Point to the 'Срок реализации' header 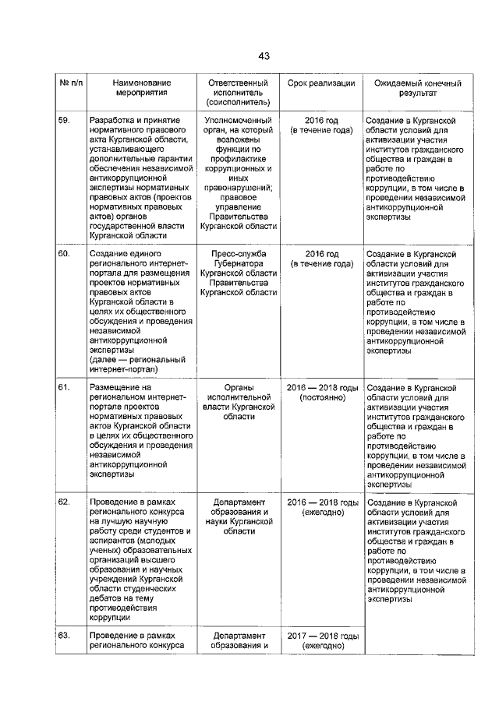(321, 83)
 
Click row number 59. (64, 121)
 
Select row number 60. (64, 255)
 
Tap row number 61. (64, 388)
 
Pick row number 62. (64, 502)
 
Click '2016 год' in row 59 (321, 121)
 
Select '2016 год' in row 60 (321, 255)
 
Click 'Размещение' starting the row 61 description (115, 388)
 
